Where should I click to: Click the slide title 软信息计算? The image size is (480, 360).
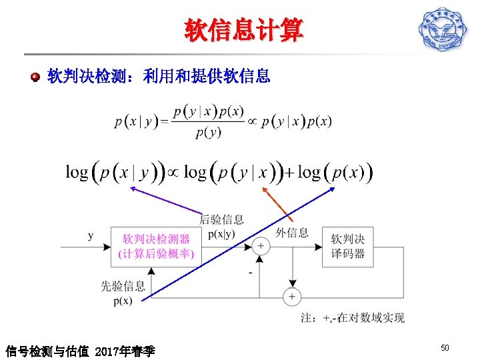pos(243,30)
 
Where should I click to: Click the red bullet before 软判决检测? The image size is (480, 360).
pos(35,77)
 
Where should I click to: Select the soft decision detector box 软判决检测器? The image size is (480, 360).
pos(155,246)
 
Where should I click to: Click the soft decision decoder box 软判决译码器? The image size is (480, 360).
pos(348,246)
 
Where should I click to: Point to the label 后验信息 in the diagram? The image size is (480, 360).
pos(221,219)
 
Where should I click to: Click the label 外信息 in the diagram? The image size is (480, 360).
pos(292,232)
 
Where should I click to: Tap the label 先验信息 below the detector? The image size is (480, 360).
pos(123,286)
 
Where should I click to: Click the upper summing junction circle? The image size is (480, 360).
pos(261,246)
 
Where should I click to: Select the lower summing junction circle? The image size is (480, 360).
pos(291,296)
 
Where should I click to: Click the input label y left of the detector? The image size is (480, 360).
pos(91,235)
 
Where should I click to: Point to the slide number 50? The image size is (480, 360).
pos(445,348)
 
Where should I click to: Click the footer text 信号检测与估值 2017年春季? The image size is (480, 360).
pos(80,350)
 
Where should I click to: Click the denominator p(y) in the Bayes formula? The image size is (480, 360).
pos(208,132)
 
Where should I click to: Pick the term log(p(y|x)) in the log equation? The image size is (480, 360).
pos(233,173)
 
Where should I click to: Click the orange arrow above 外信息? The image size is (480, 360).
pos(276,203)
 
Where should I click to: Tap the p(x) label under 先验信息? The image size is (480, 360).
pos(123,300)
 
